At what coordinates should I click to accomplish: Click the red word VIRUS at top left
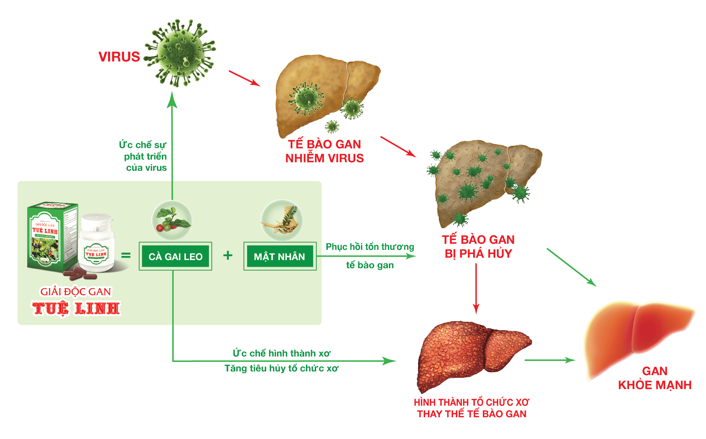tap(119, 57)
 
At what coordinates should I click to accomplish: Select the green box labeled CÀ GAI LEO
tap(175, 256)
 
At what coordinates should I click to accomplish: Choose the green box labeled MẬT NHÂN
tap(280, 256)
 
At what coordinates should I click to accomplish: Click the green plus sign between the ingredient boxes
tap(228, 255)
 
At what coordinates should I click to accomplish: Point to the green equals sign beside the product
tap(126, 255)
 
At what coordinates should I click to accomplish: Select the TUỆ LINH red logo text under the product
tap(76, 308)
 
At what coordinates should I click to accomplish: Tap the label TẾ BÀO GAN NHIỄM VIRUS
tap(324, 151)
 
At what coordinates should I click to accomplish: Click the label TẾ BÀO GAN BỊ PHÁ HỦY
tap(478, 246)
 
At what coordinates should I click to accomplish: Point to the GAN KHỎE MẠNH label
tap(655, 378)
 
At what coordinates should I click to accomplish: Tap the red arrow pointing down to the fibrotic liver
tap(476, 289)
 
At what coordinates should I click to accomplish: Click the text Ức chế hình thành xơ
tap(281, 353)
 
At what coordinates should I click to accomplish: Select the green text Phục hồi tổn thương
tap(370, 247)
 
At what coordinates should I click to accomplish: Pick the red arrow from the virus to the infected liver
tap(244, 78)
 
